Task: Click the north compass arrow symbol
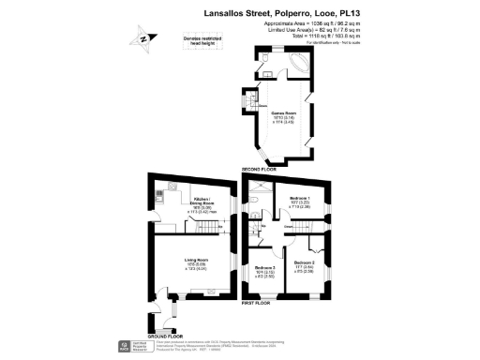(x=142, y=39)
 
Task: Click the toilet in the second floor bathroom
(x=266, y=59)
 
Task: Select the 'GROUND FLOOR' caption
(x=163, y=336)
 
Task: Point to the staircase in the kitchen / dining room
(x=225, y=229)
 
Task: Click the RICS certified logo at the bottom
(x=125, y=348)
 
